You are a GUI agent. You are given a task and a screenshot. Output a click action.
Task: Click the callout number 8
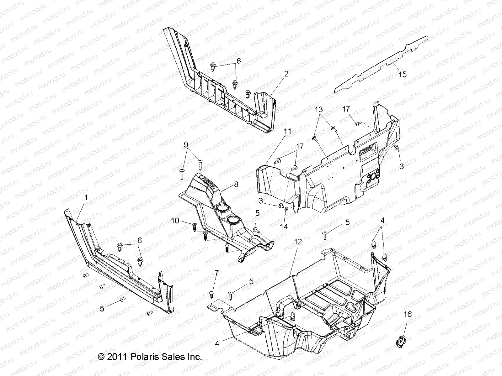(236, 185)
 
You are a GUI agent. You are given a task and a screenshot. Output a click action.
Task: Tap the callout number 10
(175, 221)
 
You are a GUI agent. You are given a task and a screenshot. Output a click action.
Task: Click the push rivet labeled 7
(211, 294)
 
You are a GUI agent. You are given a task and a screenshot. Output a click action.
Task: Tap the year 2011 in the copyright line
(117, 357)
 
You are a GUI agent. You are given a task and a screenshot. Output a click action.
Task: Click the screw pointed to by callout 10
(194, 225)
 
